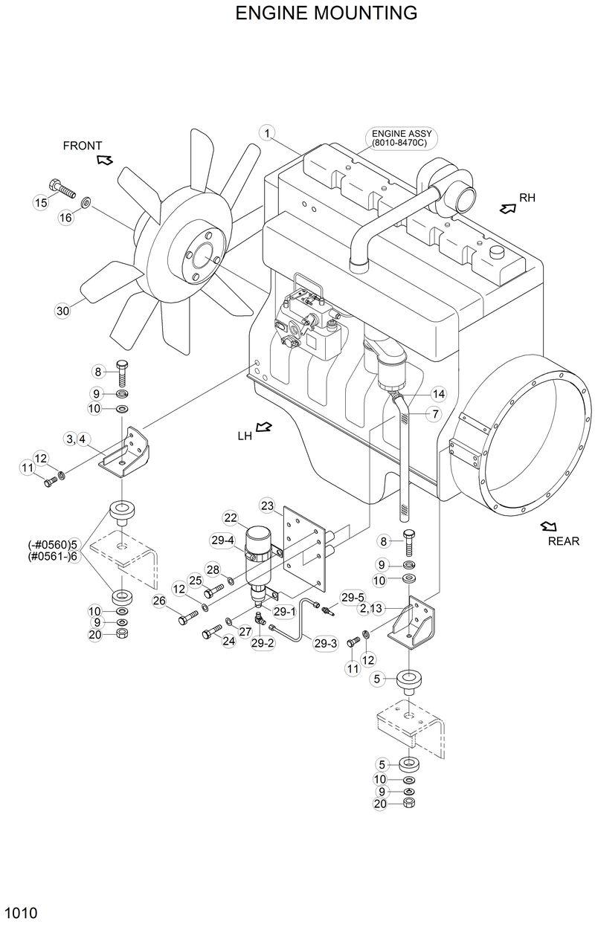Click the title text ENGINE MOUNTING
[326, 13]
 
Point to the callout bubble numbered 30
[62, 311]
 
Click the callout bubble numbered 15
[41, 201]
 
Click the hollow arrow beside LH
[263, 427]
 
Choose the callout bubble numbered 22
[230, 517]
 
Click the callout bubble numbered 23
[267, 506]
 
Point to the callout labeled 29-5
[353, 597]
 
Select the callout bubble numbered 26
[159, 601]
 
